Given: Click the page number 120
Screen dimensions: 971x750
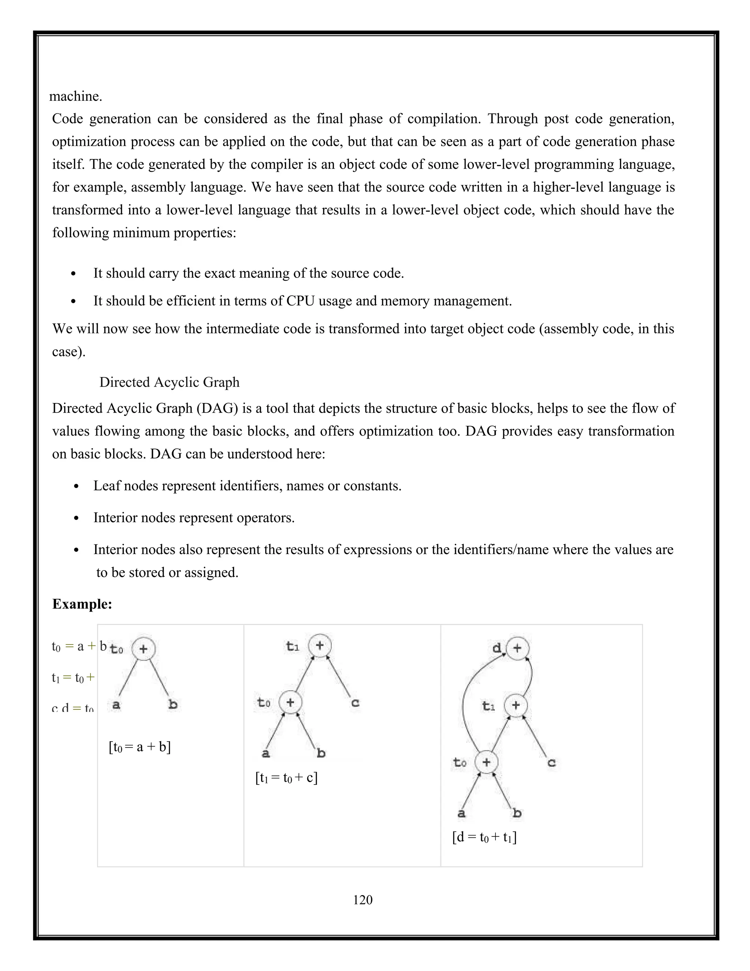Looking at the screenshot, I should point(363,900).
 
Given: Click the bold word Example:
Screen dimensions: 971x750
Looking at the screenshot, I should point(82,604).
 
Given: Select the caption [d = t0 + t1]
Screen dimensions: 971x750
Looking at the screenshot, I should point(484,838).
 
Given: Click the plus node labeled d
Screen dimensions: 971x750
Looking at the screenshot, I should point(517,648).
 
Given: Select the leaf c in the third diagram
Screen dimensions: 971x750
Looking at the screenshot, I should point(552,763).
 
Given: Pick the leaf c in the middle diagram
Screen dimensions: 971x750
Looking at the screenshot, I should point(355,703).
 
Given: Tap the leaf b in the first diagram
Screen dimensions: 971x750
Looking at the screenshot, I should point(173,704).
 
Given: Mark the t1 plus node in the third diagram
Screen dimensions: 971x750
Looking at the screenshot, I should point(515,705).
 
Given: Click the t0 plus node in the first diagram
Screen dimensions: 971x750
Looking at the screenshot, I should point(144,649).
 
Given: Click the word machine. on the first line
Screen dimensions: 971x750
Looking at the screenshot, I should point(75,96).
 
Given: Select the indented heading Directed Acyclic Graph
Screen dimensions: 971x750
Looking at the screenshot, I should point(169,382).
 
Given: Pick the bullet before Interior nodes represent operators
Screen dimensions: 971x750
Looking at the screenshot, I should point(77,518).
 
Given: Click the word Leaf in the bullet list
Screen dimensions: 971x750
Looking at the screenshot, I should point(106,486).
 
